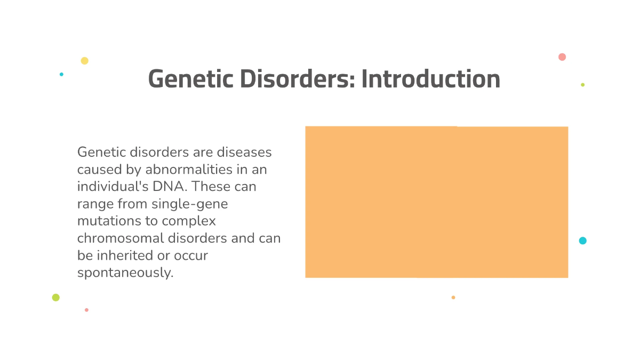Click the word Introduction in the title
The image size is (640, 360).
(x=430, y=79)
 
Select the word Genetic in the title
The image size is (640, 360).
(x=190, y=79)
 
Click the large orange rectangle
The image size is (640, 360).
(x=436, y=202)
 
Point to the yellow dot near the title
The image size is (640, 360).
(x=84, y=61)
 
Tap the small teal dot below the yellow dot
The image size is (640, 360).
(x=61, y=74)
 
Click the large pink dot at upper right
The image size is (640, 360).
(x=562, y=57)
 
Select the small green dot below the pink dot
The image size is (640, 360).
(x=582, y=85)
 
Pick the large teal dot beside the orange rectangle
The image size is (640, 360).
(x=582, y=241)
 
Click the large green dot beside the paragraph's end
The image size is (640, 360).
(x=55, y=298)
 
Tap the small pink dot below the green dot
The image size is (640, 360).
(x=86, y=310)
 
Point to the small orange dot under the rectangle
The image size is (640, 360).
(x=453, y=298)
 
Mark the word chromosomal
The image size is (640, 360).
(x=118, y=238)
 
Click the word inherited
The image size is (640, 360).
(x=122, y=255)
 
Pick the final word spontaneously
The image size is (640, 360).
(x=125, y=273)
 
